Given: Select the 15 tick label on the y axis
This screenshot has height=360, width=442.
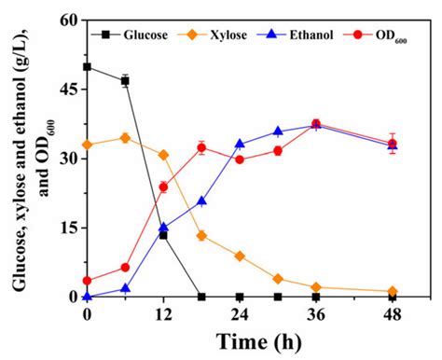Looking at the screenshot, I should [68, 228].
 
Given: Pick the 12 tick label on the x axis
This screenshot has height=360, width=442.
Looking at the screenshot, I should [163, 314].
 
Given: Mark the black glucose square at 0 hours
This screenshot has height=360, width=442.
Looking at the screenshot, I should [87, 67].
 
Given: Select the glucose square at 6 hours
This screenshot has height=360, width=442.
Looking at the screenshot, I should [125, 81].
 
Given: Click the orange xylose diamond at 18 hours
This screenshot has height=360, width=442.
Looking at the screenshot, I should [201, 236].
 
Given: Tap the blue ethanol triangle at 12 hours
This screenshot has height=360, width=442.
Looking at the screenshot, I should [163, 227].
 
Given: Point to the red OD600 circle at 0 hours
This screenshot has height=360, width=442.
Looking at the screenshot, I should [87, 281].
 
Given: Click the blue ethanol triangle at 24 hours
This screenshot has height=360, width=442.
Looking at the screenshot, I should [240, 145].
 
